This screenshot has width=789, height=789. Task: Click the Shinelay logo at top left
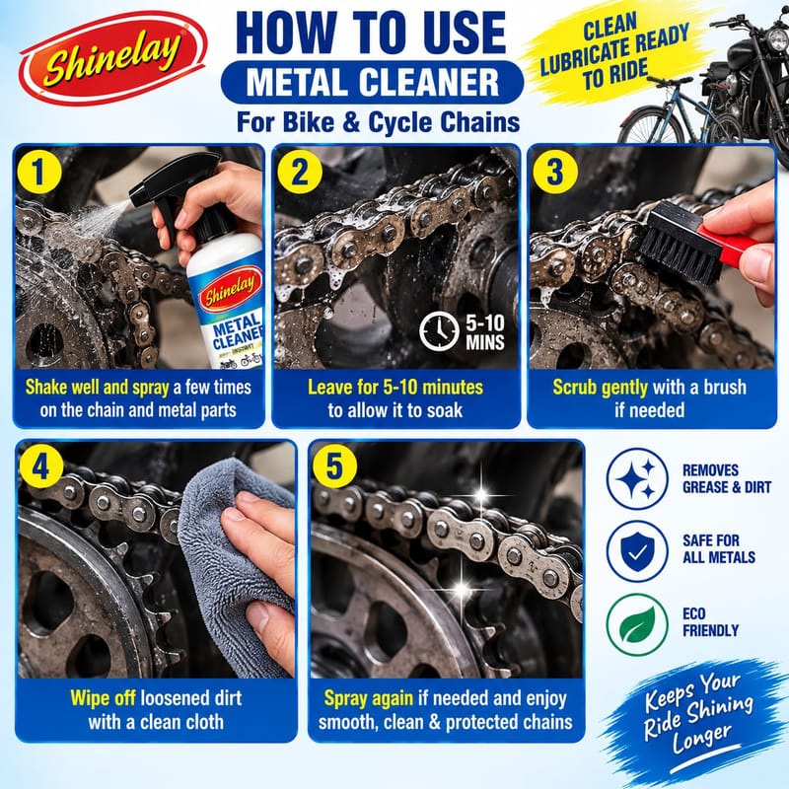112,58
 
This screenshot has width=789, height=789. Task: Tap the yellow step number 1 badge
39,172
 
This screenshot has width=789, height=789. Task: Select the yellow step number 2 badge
300,172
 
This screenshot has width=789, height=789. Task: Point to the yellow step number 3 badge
555,172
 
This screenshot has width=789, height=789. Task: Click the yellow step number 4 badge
41,466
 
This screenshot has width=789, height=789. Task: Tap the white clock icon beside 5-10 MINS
439,331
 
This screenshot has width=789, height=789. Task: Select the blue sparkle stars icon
637,478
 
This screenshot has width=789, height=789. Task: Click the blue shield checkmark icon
637,551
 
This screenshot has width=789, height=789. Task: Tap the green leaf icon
637,624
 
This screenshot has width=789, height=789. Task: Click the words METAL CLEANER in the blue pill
373,82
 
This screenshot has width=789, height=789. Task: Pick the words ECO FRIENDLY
710,622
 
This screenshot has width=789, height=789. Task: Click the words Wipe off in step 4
103,698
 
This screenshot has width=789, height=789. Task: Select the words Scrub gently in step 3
601,387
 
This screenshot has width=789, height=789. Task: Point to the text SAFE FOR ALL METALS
719,549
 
